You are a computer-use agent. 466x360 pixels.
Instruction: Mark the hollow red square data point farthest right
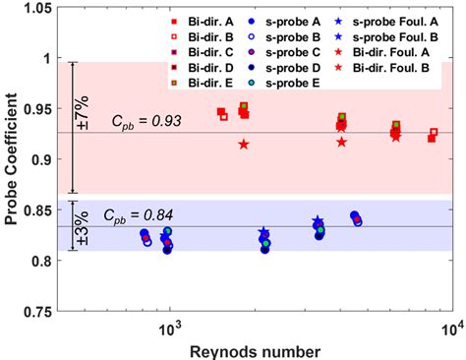coord(435,132)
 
